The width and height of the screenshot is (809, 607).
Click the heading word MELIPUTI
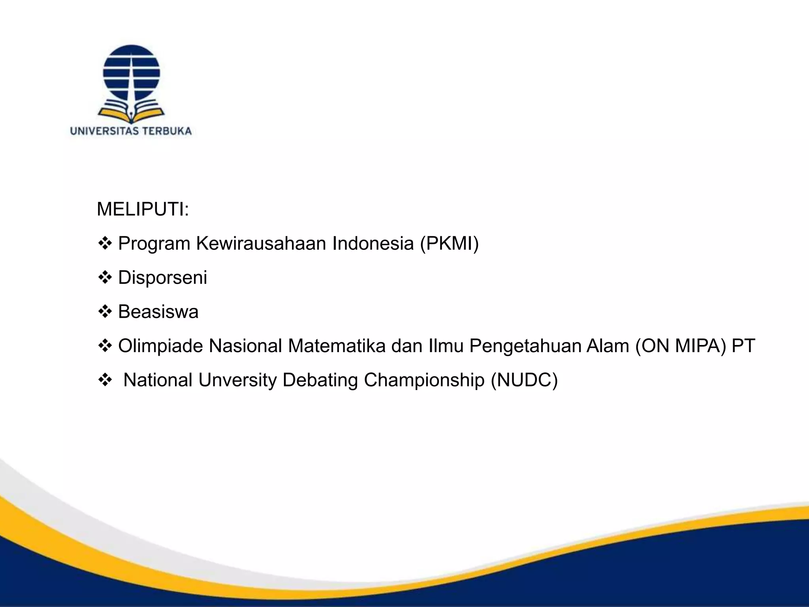coord(142,209)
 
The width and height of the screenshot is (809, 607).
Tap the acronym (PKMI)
coord(449,243)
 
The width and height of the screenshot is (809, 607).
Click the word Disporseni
coord(162,277)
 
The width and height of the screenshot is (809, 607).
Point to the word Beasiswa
coord(158,312)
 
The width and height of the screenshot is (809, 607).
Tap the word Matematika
coord(337,346)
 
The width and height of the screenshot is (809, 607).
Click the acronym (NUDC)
coord(524,380)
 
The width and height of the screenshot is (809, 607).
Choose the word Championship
coord(424,380)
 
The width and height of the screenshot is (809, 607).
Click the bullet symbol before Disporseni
coord(105,277)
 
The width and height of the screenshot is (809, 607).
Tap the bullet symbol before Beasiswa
coord(105,312)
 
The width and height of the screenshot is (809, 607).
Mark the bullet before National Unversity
coord(105,380)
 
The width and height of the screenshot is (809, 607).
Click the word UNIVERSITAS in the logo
coord(104,131)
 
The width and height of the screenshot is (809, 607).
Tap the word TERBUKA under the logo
coord(167,131)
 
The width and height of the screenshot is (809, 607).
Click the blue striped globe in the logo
coord(131,73)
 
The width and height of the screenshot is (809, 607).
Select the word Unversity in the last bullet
coord(237,380)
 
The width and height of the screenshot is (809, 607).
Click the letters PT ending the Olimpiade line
coord(743,346)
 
